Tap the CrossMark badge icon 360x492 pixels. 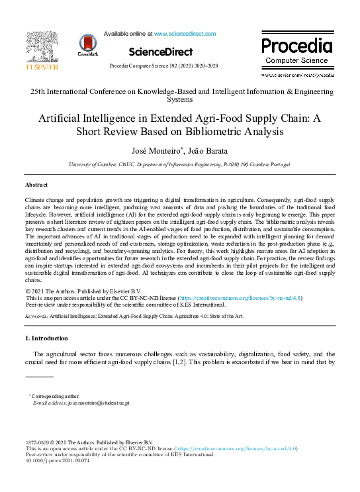click(x=87, y=44)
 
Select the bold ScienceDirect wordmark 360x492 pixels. click(x=161, y=52)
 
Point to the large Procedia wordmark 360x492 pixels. click(x=296, y=46)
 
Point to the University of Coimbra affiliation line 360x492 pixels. click(x=179, y=164)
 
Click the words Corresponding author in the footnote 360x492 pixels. click(x=55, y=396)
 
